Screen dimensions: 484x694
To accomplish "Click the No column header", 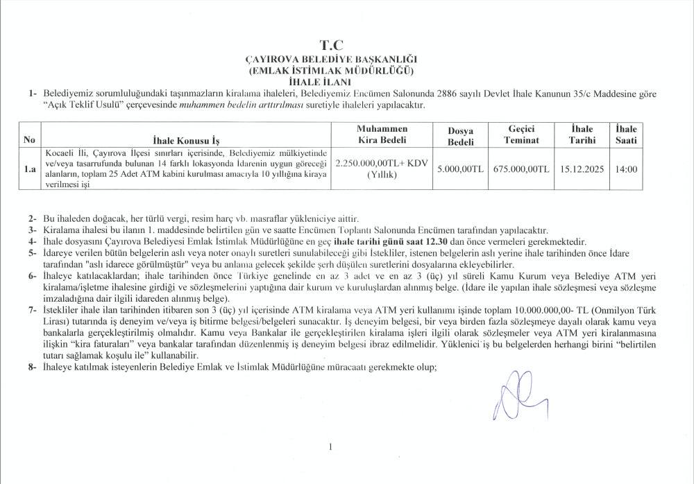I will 29,139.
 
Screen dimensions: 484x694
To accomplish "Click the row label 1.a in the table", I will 30,168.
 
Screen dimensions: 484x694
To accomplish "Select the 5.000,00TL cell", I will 460,168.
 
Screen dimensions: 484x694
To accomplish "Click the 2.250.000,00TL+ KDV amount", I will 381,162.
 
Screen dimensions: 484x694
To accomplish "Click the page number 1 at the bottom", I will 331,447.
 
